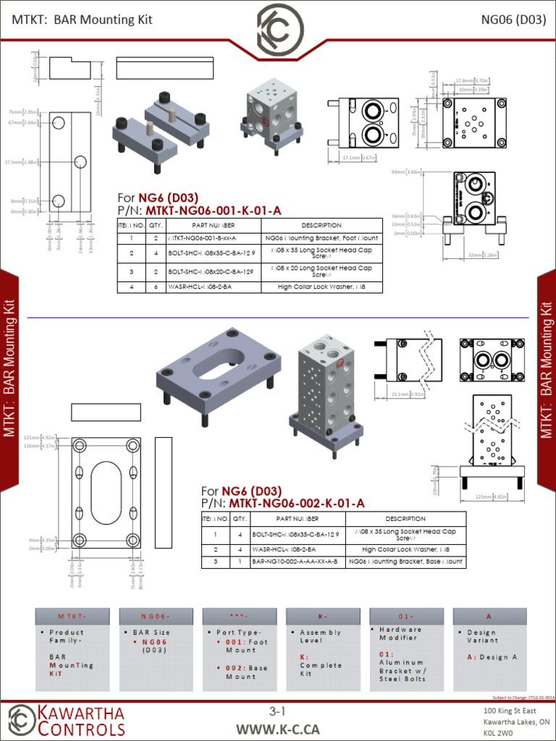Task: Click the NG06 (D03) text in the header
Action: click(x=513, y=20)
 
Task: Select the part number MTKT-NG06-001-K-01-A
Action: click(x=214, y=211)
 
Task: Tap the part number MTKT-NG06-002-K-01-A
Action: click(x=297, y=503)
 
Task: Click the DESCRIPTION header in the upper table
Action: click(x=321, y=226)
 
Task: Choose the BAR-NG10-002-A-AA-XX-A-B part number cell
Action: click(x=295, y=562)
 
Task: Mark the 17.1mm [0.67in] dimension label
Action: click(x=358, y=158)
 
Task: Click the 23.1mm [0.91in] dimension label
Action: click(x=408, y=394)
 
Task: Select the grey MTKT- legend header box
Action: click(x=72, y=617)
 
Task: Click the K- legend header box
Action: click(x=322, y=617)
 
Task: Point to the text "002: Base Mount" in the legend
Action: click(x=239, y=672)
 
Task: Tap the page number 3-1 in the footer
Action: click(x=278, y=712)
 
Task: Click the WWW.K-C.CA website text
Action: click(x=278, y=729)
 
